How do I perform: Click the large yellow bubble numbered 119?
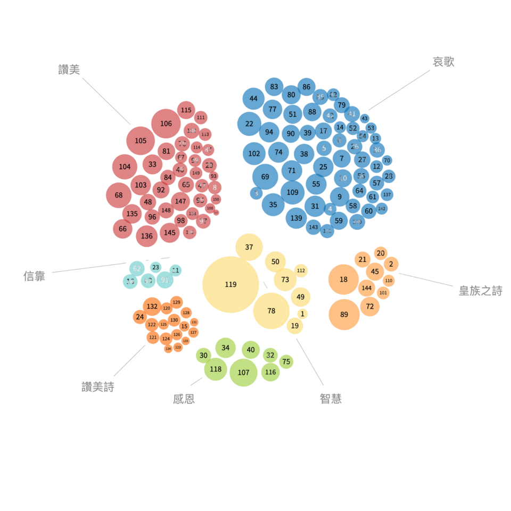[x=230, y=284]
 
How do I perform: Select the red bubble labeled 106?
[x=166, y=123]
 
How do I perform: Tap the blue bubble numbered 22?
[x=249, y=123]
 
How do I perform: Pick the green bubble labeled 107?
[x=244, y=372]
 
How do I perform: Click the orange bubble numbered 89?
[x=344, y=314]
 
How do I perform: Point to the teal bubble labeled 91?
[x=165, y=279]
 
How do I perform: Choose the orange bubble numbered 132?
[x=152, y=306]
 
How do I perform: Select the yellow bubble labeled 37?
[x=249, y=247]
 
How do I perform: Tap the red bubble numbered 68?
[x=119, y=195]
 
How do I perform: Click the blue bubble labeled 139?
[x=296, y=218]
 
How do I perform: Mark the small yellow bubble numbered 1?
[x=302, y=314]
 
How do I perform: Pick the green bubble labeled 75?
[x=286, y=362]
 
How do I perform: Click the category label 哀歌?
[x=443, y=62]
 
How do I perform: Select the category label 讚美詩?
[x=97, y=387]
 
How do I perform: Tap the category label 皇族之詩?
[x=480, y=291]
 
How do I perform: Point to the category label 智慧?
[x=331, y=398]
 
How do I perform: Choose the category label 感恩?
[x=184, y=399]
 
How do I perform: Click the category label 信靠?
[x=34, y=276]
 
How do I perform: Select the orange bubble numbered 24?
[x=139, y=317]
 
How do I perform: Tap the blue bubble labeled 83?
[x=274, y=87]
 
